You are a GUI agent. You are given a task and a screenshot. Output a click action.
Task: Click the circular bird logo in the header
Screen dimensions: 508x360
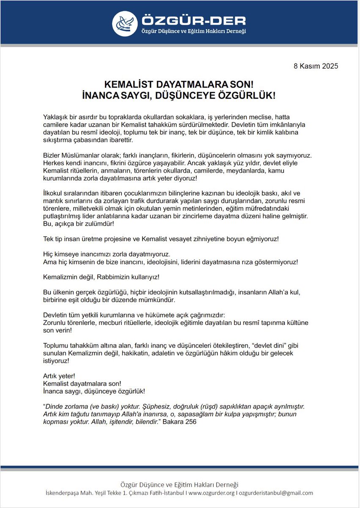point(125,23)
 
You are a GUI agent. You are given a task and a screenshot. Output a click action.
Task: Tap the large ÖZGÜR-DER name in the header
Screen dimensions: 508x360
point(193,20)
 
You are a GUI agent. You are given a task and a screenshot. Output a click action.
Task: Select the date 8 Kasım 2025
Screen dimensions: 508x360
point(316,66)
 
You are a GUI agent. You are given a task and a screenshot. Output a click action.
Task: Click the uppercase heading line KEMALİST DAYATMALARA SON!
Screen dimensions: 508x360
point(180,86)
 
